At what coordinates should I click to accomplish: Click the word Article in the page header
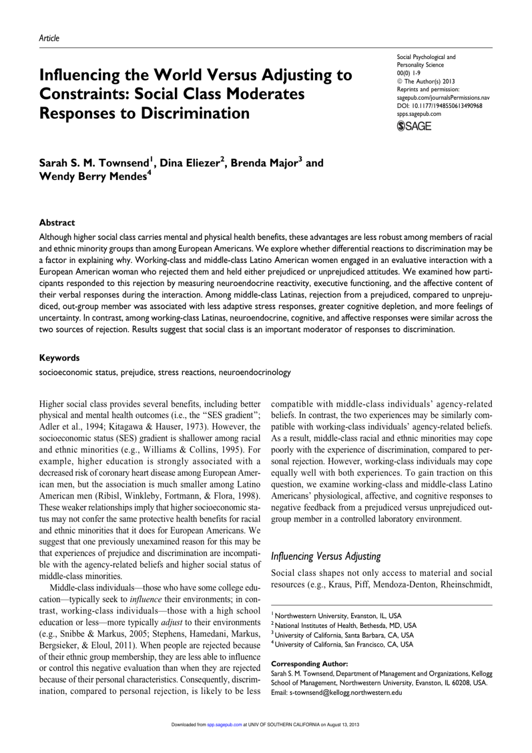[49, 38]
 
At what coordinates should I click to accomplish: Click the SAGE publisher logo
[414, 126]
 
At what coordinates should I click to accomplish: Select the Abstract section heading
[57, 223]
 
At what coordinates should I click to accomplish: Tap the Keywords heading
[59, 358]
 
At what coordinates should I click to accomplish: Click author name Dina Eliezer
[190, 163]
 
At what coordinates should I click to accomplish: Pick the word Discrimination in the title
[195, 113]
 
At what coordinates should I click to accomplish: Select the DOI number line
[439, 106]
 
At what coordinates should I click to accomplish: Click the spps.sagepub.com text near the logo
[419, 114]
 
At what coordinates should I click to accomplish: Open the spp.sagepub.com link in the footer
[225, 725]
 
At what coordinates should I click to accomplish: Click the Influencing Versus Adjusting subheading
[326, 556]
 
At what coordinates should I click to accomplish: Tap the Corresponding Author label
[309, 664]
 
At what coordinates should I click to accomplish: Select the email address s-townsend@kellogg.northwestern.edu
[345, 692]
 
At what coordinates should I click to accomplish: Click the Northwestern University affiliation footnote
[338, 616]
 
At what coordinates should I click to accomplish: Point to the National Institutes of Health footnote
[345, 625]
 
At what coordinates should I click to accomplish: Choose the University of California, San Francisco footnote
[344, 645]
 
